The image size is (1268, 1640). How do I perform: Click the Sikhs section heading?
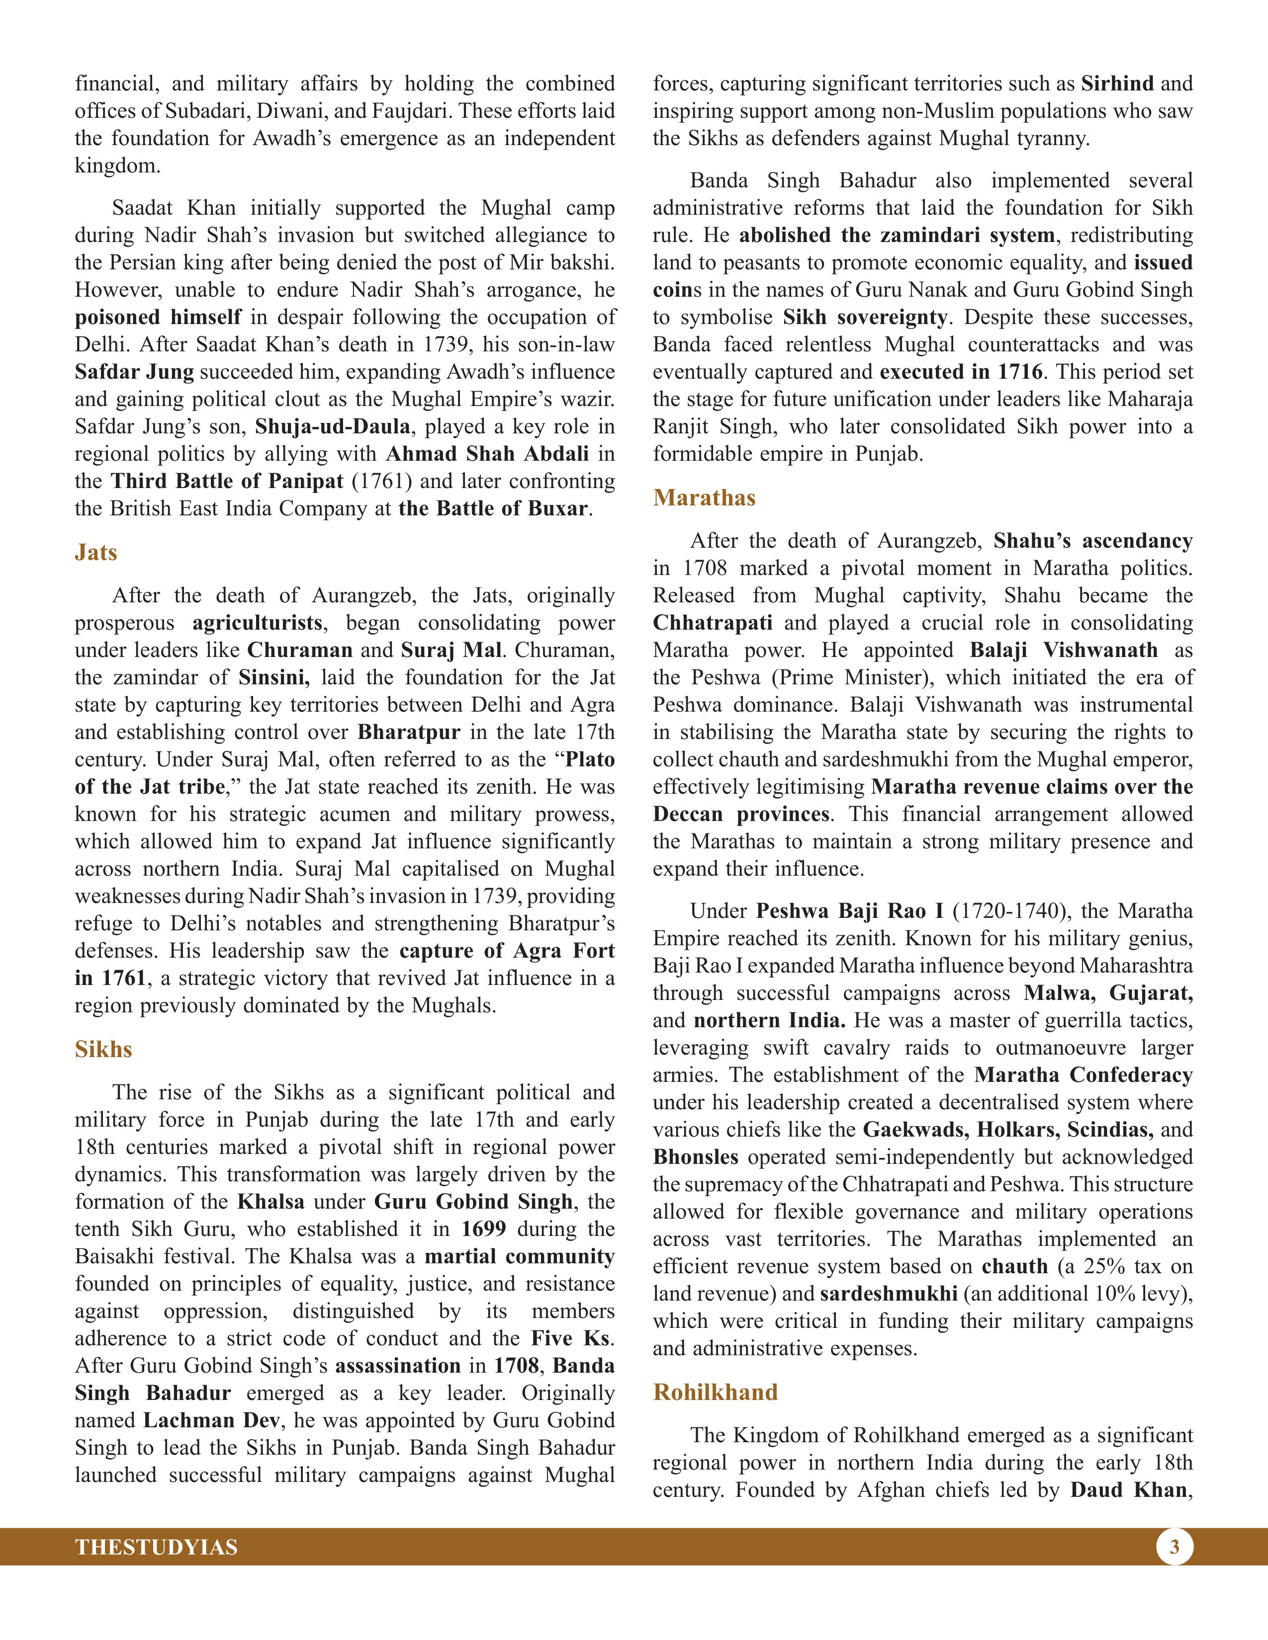pyautogui.click(x=103, y=1049)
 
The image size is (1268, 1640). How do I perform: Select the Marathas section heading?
pyautogui.click(x=704, y=498)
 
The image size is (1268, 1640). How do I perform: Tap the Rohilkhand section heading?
pyautogui.click(x=715, y=1392)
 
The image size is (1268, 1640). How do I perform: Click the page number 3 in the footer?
pyautogui.click(x=1174, y=1547)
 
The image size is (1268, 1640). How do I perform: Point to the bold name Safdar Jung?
pyautogui.click(x=134, y=372)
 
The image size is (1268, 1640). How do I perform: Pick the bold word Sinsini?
pyautogui.click(x=274, y=677)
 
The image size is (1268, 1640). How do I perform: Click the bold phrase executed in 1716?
pyautogui.click(x=961, y=372)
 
